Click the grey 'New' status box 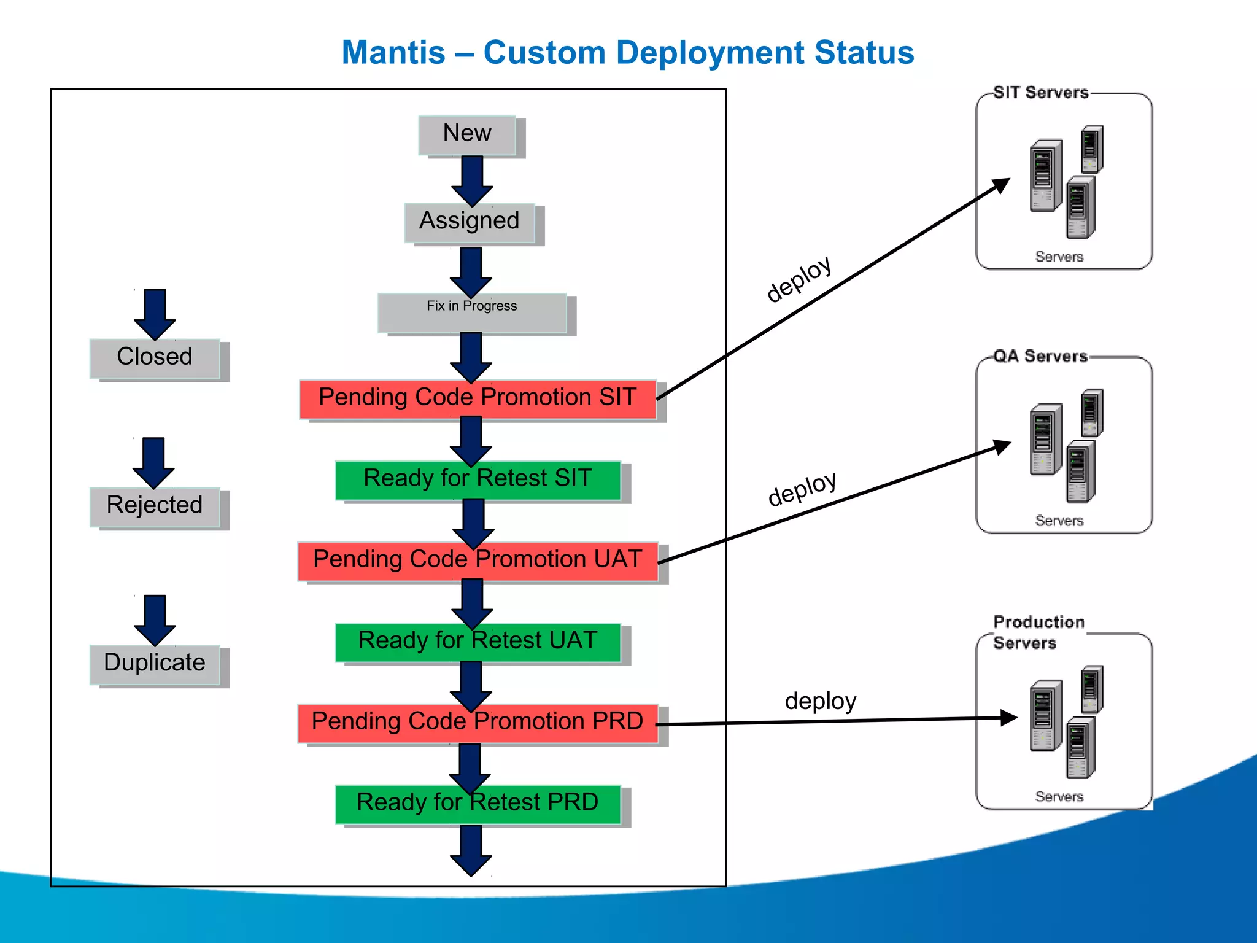point(467,134)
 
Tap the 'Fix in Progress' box point(471,313)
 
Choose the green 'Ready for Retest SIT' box point(478,480)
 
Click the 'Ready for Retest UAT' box point(478,642)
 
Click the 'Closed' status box point(155,358)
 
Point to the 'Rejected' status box point(155,506)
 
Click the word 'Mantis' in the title point(393,53)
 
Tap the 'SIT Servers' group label point(1041,93)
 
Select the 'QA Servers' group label point(1040,356)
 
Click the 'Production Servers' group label point(1038,632)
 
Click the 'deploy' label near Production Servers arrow point(820,701)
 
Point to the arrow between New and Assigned point(472,180)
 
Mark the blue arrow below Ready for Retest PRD point(471,850)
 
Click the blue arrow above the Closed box point(155,314)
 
